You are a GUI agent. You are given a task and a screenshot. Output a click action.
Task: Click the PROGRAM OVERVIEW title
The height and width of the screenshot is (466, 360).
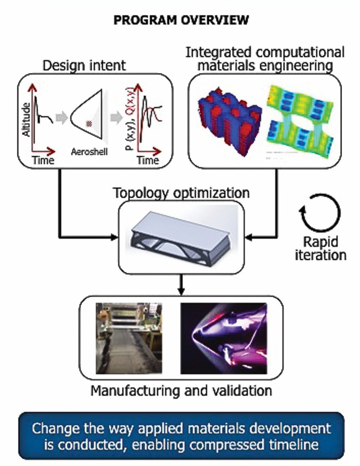[x=180, y=21]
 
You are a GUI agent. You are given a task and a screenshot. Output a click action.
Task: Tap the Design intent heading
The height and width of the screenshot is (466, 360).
[x=84, y=65]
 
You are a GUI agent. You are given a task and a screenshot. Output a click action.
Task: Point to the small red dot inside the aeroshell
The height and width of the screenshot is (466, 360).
[x=89, y=123]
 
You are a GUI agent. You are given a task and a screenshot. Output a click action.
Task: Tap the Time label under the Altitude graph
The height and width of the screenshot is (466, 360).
[x=43, y=161]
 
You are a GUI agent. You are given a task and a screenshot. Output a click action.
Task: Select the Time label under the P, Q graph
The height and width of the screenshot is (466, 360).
[x=148, y=161]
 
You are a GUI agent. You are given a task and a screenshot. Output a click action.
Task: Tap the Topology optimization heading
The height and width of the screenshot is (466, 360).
[x=181, y=192]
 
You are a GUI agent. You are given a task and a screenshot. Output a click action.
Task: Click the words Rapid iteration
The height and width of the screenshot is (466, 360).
[x=324, y=248]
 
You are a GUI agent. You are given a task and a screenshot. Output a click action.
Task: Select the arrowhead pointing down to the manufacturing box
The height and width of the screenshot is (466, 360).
[x=181, y=292]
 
